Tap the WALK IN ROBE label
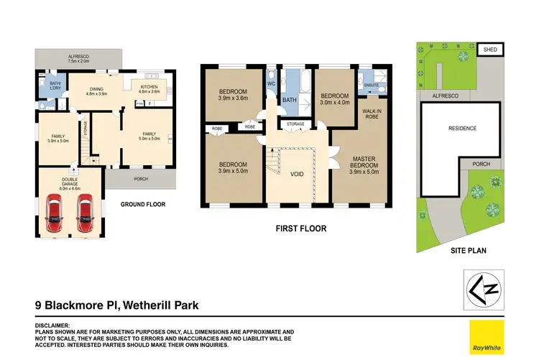(x=372, y=114)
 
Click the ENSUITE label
(x=371, y=86)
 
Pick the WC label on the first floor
(x=271, y=83)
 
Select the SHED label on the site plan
(x=491, y=50)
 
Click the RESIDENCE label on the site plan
(x=462, y=129)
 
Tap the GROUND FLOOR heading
(x=142, y=205)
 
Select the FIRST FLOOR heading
(x=302, y=229)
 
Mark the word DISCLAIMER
(x=52, y=325)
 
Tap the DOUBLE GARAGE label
(x=70, y=183)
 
